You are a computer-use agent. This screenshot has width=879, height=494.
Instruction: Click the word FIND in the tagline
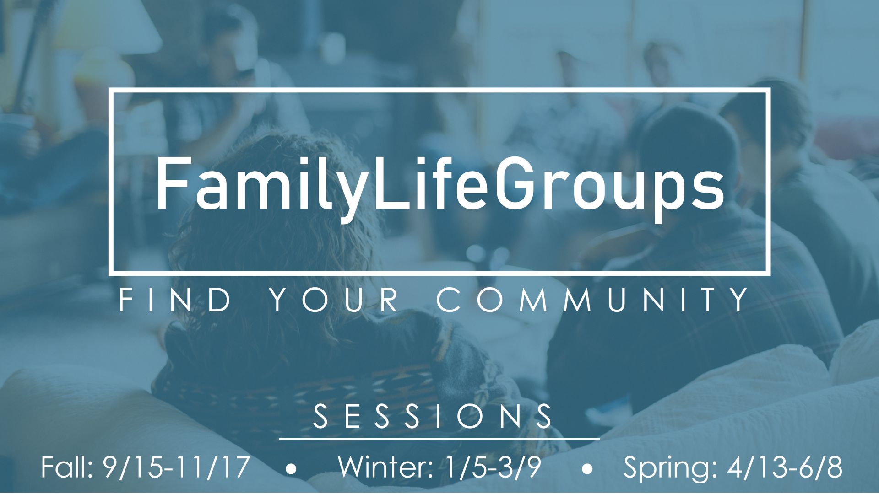tap(175, 300)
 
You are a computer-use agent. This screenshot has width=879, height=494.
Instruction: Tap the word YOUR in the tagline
tap(334, 300)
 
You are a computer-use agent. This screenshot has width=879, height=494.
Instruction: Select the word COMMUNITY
tap(592, 300)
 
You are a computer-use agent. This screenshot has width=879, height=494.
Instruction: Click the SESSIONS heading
tap(433, 416)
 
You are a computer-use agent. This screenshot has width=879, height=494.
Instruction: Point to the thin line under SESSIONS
tap(439, 439)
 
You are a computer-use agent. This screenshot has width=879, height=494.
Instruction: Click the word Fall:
tap(67, 467)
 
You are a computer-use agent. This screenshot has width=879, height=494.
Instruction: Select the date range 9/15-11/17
tap(177, 467)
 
